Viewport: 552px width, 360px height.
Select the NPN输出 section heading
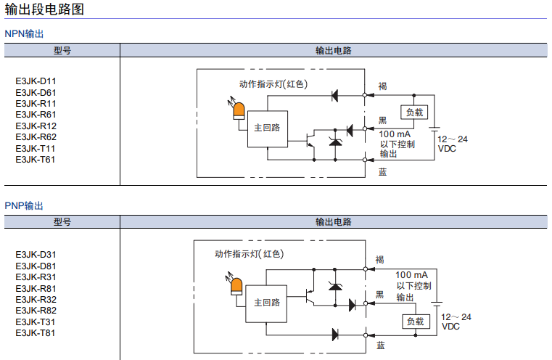(x=25, y=33)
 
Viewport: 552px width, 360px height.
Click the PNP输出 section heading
(x=25, y=206)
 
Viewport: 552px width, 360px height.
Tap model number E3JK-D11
(x=36, y=81)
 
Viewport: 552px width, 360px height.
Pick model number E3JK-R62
(x=36, y=137)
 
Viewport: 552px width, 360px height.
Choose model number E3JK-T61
(x=36, y=160)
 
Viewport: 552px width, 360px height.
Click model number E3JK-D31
(x=36, y=255)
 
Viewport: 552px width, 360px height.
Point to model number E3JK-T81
(x=36, y=333)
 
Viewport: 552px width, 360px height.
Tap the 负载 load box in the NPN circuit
(x=414, y=112)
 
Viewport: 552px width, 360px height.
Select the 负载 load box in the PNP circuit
(x=414, y=322)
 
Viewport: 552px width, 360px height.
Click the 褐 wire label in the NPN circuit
(x=382, y=86)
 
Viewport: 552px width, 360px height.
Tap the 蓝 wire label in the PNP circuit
(x=381, y=345)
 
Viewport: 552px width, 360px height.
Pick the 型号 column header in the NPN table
(x=62, y=51)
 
